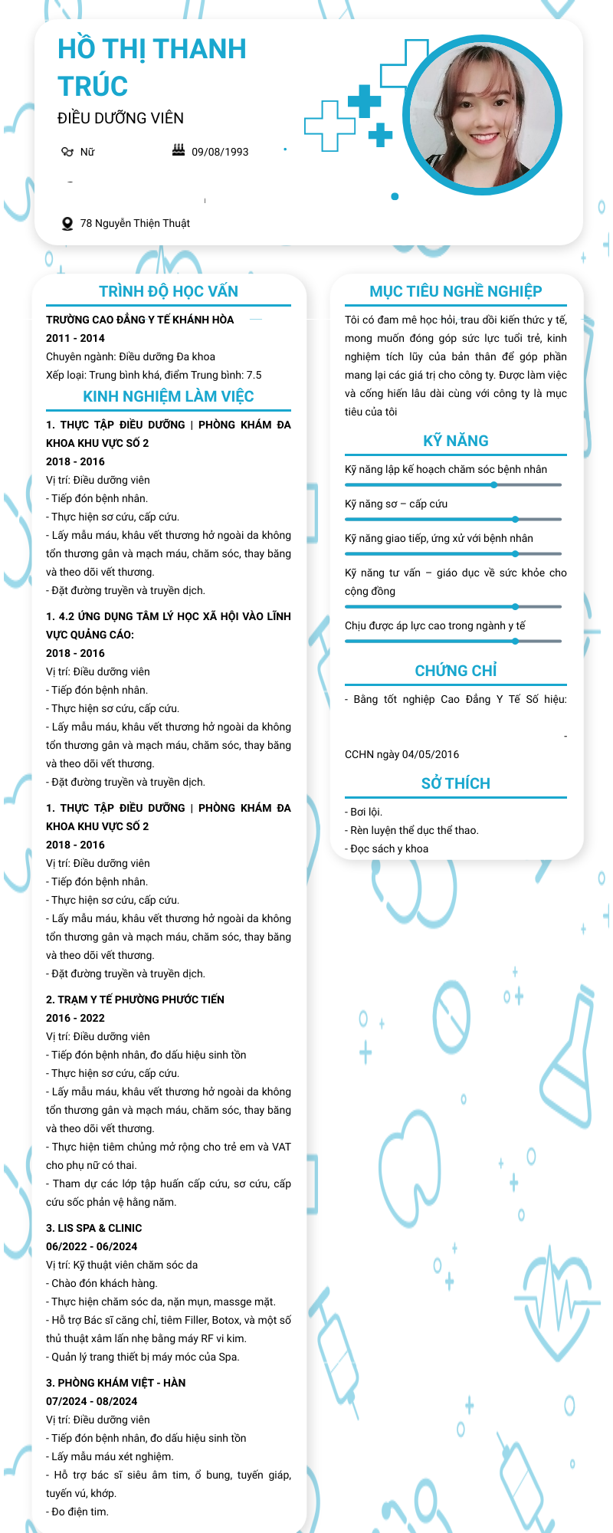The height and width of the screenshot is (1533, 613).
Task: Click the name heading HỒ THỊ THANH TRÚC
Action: [152, 67]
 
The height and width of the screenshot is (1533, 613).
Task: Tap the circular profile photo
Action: [483, 115]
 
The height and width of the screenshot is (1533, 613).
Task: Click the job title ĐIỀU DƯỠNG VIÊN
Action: [120, 118]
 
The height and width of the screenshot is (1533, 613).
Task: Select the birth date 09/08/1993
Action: [220, 152]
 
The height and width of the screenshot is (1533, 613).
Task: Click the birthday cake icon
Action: [179, 150]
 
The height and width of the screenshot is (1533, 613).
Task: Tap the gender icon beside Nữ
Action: [67, 152]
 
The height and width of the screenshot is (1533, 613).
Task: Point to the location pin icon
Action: [67, 224]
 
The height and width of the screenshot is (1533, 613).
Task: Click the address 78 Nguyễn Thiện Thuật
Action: [135, 223]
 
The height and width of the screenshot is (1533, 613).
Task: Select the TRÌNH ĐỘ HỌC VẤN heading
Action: [169, 291]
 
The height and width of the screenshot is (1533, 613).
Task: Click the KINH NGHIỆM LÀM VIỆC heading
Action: [169, 396]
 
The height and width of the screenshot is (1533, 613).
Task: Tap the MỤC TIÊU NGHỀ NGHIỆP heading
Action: [456, 291]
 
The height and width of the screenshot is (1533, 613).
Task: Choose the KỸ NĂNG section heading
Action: [456, 441]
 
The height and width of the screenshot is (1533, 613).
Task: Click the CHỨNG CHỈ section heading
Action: [456, 671]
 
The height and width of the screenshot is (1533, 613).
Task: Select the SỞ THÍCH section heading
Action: [456, 783]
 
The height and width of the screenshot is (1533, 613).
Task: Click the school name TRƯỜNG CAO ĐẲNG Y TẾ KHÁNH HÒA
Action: [140, 320]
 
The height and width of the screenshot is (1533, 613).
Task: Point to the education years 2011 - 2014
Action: [75, 338]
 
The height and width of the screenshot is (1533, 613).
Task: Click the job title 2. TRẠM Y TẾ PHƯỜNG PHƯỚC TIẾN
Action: [135, 1000]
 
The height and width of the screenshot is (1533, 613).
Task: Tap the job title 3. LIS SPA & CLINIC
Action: [93, 1228]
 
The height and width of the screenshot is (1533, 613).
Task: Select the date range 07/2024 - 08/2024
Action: [91, 1401]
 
